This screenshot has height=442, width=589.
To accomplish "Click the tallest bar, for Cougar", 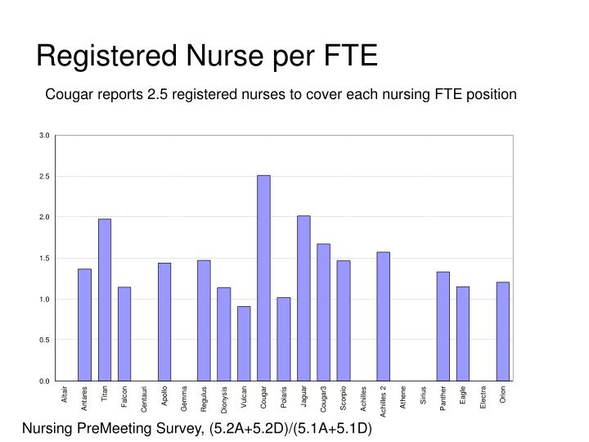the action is click(x=263, y=278).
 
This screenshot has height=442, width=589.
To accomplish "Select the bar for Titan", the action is click(x=105, y=300).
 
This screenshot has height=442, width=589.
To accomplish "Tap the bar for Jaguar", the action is click(x=303, y=299).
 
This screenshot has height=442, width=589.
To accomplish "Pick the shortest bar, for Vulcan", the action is click(x=244, y=344).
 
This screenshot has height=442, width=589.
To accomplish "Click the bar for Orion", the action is click(x=503, y=331).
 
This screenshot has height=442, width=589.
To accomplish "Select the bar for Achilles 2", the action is click(x=384, y=317).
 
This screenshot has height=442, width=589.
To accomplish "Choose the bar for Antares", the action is click(x=84, y=325).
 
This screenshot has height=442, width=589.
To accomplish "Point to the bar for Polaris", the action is click(x=284, y=340).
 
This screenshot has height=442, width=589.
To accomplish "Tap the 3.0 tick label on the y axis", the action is click(x=44, y=135).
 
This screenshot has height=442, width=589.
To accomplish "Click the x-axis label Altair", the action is click(x=65, y=395).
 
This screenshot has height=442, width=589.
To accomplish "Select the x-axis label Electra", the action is click(x=483, y=397).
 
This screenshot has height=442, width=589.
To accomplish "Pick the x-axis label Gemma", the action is click(x=184, y=399).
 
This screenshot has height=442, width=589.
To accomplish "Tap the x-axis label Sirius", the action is click(x=424, y=395).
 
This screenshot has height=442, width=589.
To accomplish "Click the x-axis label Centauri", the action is click(x=144, y=399).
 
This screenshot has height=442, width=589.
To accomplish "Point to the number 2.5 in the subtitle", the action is click(x=157, y=94).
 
